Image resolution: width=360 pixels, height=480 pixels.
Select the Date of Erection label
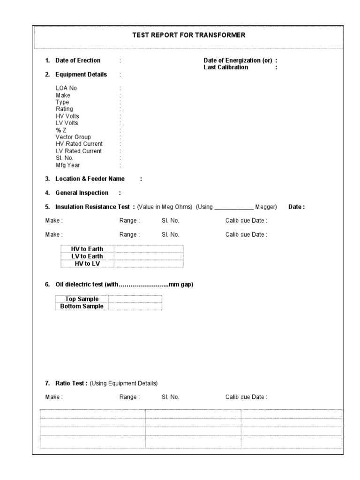click(x=78, y=60)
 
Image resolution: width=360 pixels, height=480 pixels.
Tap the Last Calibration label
click(x=226, y=67)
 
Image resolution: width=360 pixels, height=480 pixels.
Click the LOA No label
click(x=66, y=88)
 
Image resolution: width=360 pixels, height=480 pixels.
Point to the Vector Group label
click(x=73, y=137)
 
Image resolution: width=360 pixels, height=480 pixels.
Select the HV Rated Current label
click(x=79, y=144)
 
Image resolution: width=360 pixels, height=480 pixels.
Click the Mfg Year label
click(x=67, y=165)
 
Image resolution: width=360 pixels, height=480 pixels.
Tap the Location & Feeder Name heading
click(x=90, y=179)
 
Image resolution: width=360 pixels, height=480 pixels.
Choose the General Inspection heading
click(x=82, y=193)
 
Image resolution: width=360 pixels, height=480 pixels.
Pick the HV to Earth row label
click(x=87, y=249)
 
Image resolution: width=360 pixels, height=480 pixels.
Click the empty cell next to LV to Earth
click(x=149, y=256)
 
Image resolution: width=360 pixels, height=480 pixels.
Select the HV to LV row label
click(x=87, y=264)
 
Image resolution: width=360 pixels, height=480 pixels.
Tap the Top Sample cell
click(x=82, y=299)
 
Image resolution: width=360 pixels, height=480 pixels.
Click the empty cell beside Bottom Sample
click(x=135, y=307)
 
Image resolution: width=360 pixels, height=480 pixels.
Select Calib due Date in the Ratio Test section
click(x=246, y=397)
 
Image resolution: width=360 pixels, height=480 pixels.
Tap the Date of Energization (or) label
click(x=238, y=60)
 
